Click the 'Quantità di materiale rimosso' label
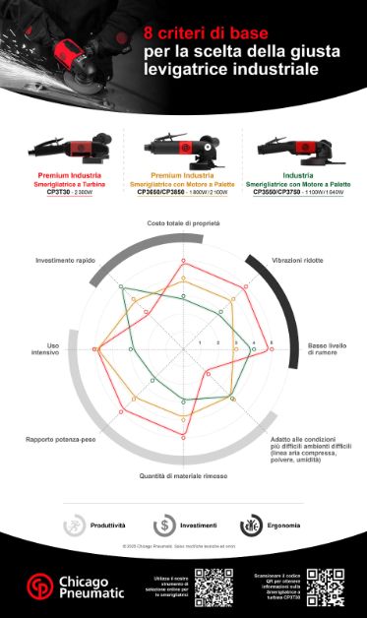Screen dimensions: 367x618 pyautogui.click(x=183, y=475)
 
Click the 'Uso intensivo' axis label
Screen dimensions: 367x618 pyautogui.click(x=46, y=348)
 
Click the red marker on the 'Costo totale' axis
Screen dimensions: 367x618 pyautogui.click(x=183, y=264)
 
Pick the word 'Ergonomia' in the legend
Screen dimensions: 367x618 pyautogui.click(x=284, y=525)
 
